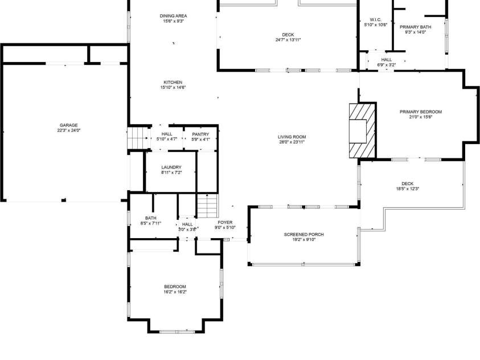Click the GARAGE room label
point(68,125)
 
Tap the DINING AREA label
point(173,16)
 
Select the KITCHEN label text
point(173,83)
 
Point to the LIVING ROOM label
point(292,137)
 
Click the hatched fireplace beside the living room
point(363,130)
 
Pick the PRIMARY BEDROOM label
point(421,112)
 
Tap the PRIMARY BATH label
point(416,27)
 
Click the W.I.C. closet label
point(376,19)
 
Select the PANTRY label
point(200,134)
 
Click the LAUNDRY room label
point(171,167)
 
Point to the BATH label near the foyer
point(151,218)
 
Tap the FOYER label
point(225,223)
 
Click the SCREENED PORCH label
point(303,235)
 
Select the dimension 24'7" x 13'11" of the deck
point(288,40)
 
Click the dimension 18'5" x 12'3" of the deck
point(408,189)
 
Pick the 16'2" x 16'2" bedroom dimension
point(175,292)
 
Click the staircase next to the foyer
point(207,206)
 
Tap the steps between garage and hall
point(138,138)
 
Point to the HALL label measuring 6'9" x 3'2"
point(387,60)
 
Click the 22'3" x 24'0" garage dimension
point(68,130)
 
